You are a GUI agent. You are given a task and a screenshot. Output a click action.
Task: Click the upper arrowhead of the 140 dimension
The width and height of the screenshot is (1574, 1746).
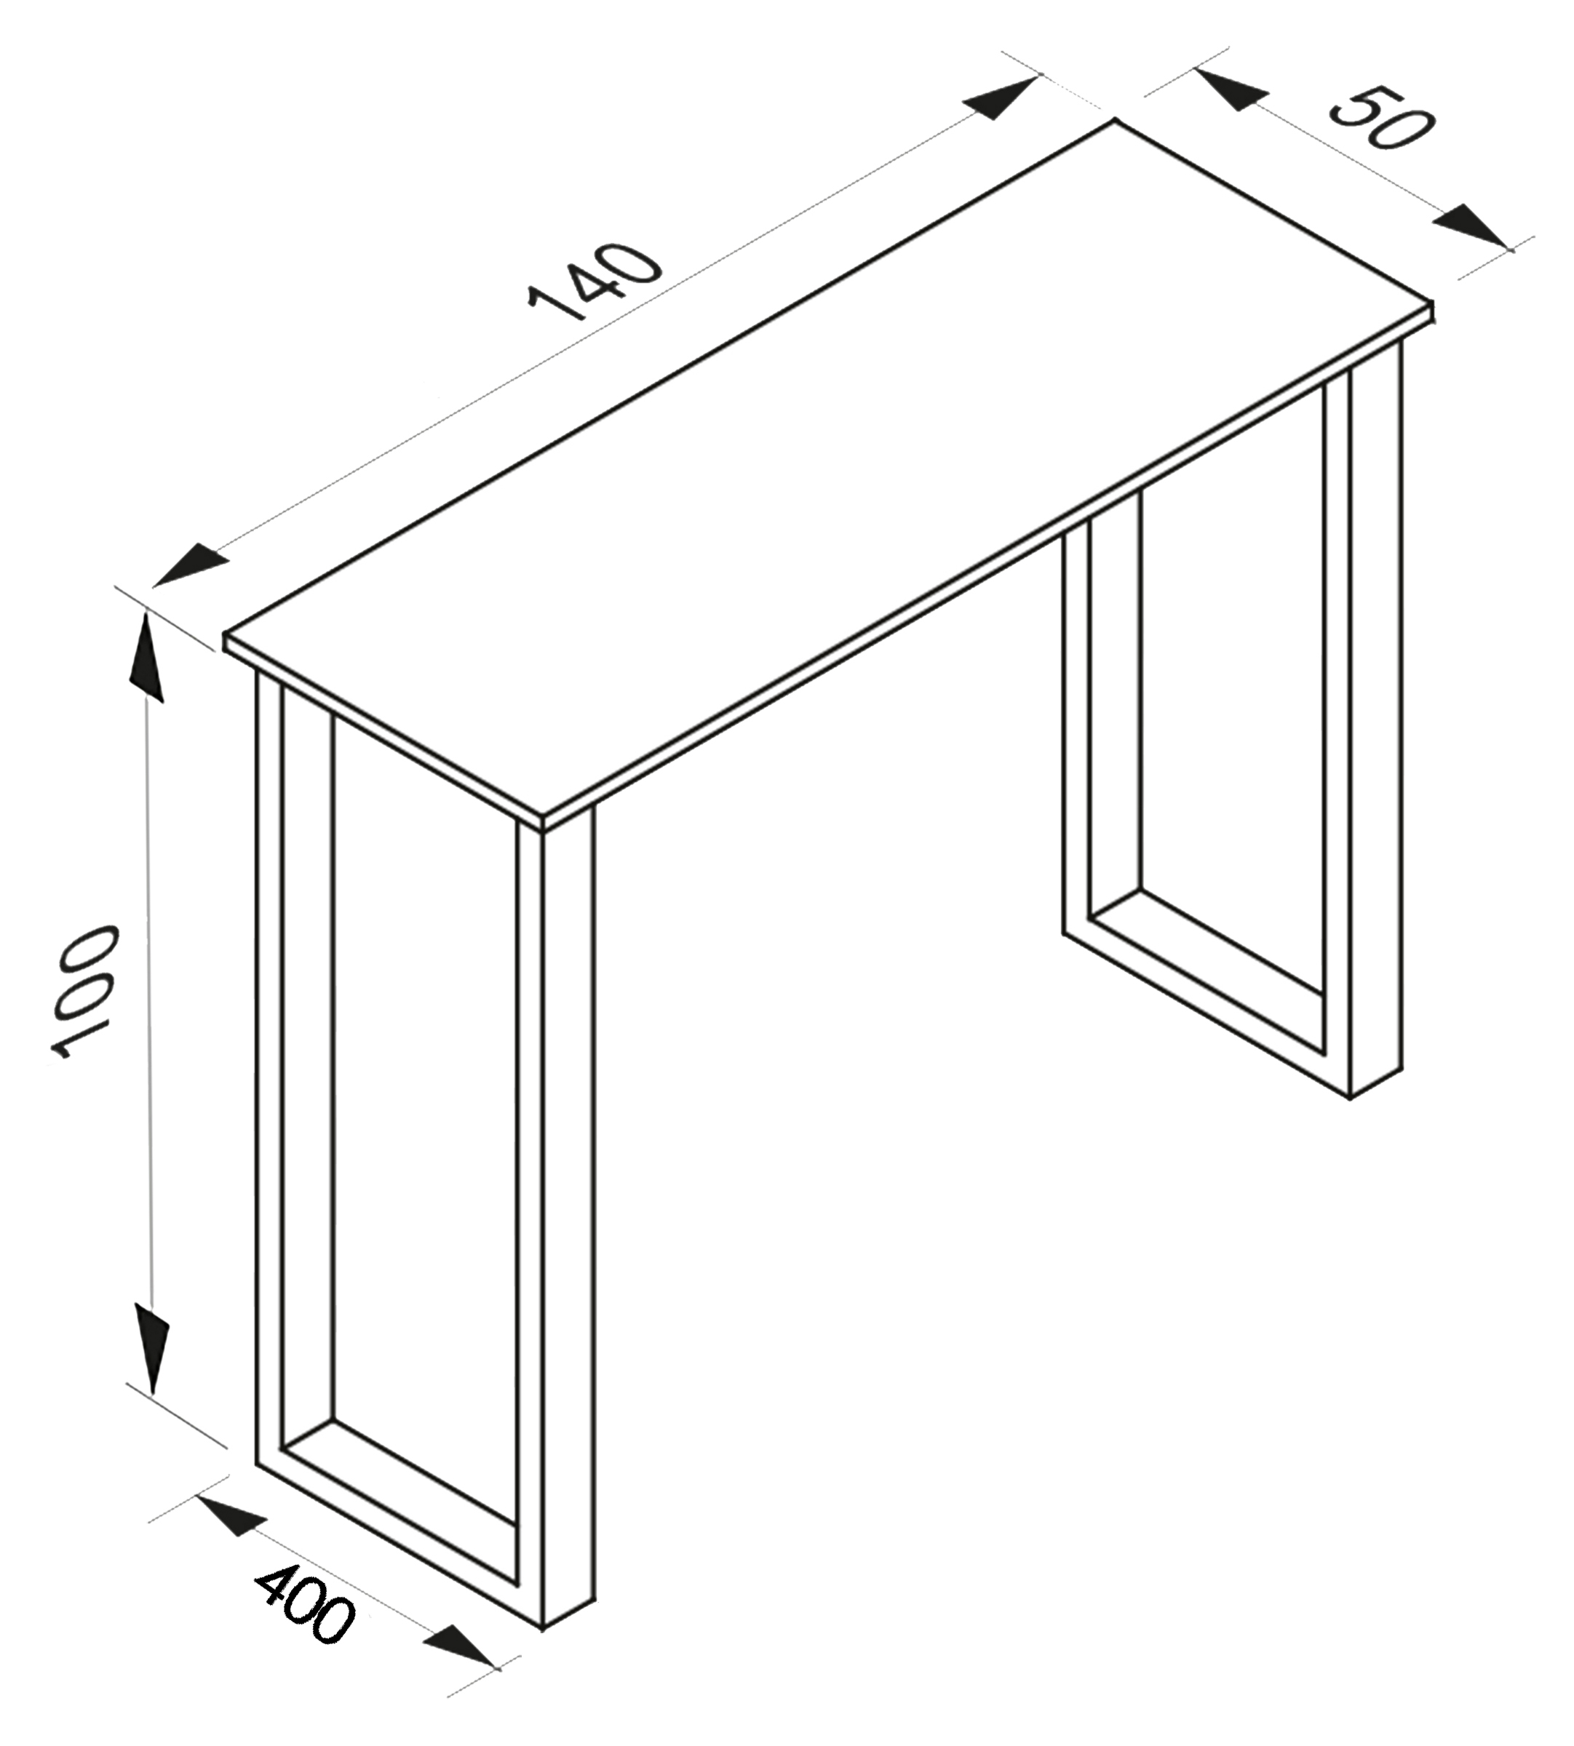[1004, 97]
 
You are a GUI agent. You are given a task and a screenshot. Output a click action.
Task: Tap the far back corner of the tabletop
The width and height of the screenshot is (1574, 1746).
[1115, 120]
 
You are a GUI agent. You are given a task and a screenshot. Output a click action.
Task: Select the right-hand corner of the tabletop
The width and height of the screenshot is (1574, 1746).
[1433, 302]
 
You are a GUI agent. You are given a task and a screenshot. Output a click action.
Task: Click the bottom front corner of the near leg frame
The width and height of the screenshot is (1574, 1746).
[543, 1630]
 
